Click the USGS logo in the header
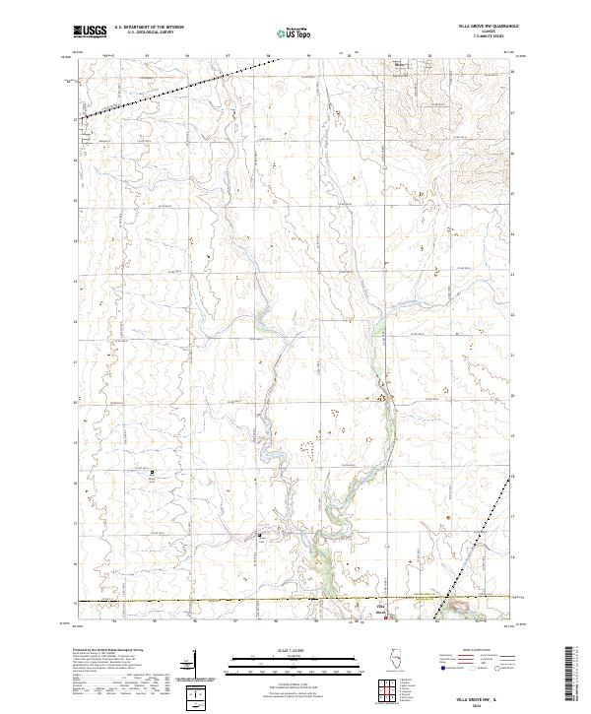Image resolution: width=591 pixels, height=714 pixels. (x=90, y=32)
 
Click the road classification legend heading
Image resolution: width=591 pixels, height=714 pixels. (x=464, y=651)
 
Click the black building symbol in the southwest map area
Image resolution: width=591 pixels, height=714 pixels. (x=152, y=474)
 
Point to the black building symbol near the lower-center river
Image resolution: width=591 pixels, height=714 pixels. (x=260, y=536)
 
